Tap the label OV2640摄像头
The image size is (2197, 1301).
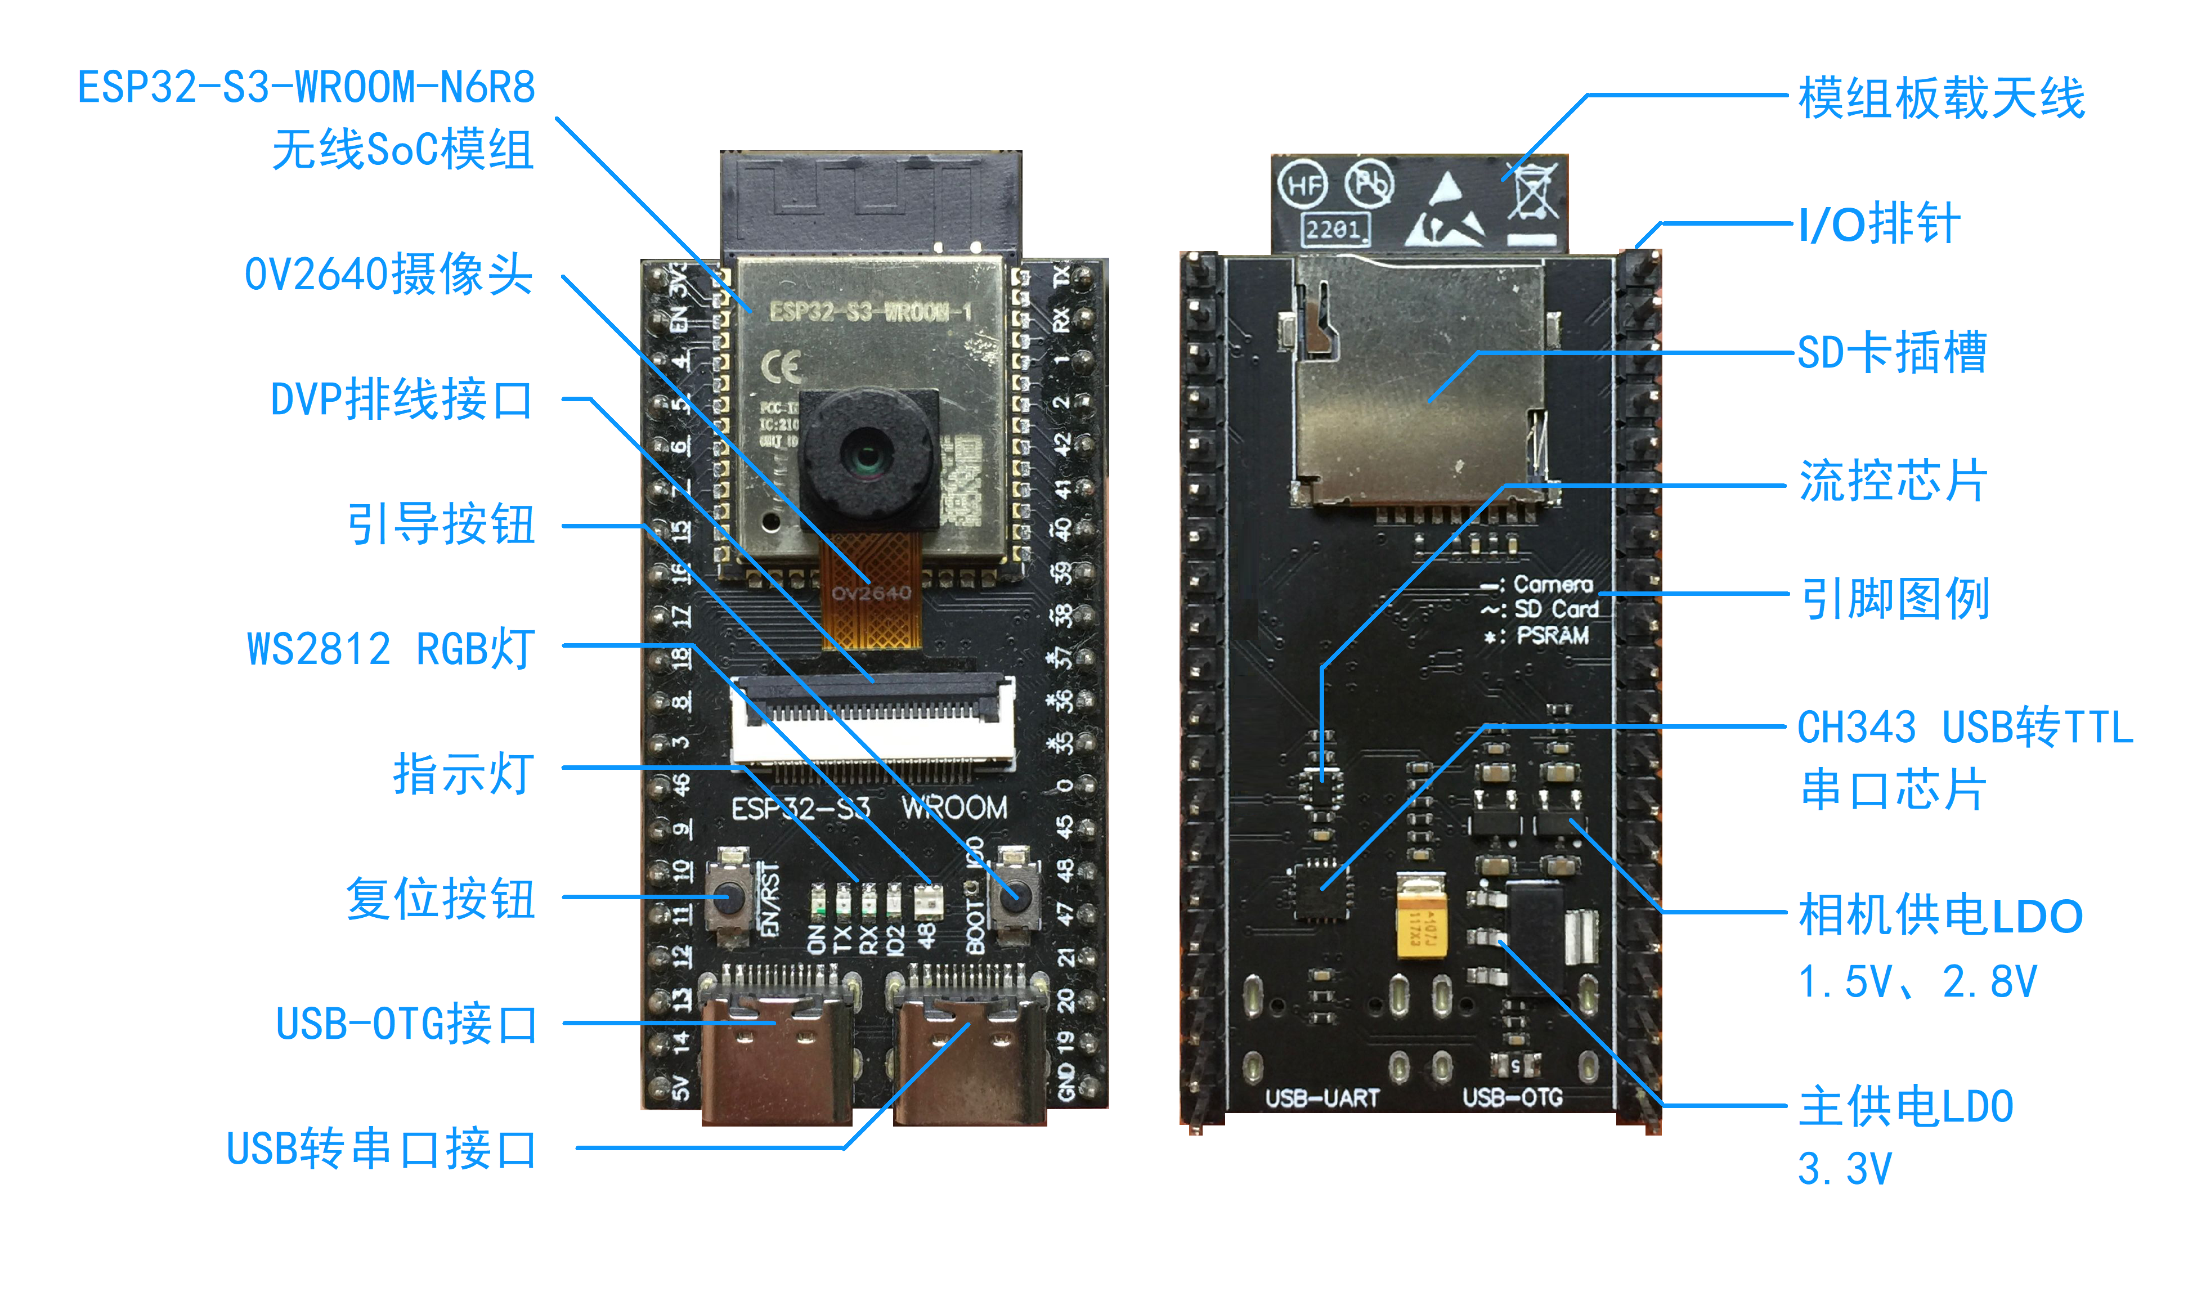tap(388, 275)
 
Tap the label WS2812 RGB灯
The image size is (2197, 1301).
tap(390, 649)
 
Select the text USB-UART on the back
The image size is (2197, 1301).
tap(1322, 1098)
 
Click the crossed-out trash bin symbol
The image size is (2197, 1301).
tap(1532, 191)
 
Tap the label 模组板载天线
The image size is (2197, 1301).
tap(1941, 98)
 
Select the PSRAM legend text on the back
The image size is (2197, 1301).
tap(1552, 636)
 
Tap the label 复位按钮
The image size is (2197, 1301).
tap(440, 899)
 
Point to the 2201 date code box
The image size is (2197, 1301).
tap(1334, 230)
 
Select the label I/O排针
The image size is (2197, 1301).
tap(1878, 225)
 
